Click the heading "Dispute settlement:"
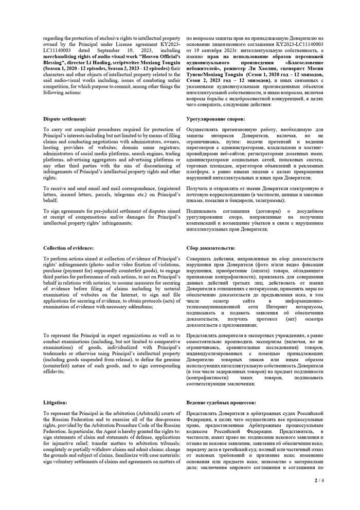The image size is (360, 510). (x=65, y=118)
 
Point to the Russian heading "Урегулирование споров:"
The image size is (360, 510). (x=216, y=118)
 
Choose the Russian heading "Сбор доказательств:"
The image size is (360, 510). (x=211, y=248)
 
